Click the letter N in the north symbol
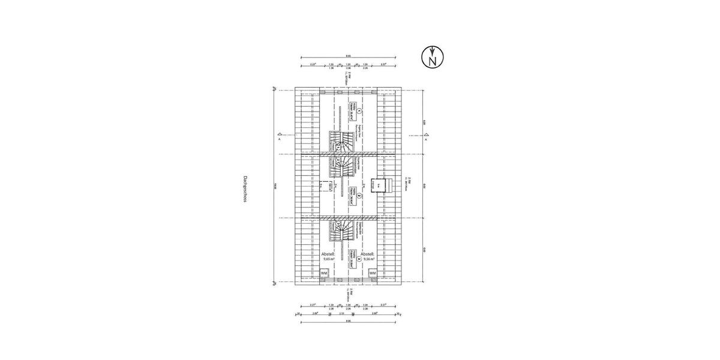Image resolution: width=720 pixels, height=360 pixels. (432, 59)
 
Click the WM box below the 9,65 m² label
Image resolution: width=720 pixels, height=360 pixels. (324, 273)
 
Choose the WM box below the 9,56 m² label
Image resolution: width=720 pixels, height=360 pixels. (373, 273)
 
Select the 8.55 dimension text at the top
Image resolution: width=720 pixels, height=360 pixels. (348, 56)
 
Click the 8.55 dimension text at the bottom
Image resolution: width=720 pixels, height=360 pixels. (349, 322)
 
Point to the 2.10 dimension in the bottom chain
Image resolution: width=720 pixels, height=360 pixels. (341, 313)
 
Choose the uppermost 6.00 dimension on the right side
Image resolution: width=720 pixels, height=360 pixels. (424, 122)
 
